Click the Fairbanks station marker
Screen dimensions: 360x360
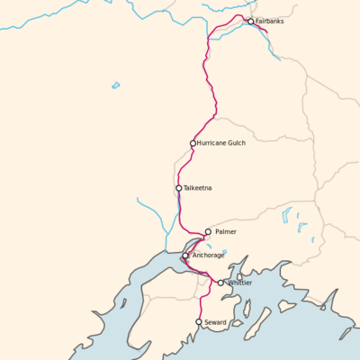(251, 22)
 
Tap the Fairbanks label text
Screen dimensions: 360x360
(270, 22)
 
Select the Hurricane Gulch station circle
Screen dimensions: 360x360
(193, 143)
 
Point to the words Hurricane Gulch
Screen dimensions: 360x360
(221, 143)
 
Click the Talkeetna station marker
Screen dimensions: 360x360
(178, 188)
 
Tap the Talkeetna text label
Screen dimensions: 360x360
(197, 188)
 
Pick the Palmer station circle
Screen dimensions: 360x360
(208, 231)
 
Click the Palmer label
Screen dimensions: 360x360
(226, 231)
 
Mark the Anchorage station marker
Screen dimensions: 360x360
(185, 256)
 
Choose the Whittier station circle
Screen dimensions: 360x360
(220, 283)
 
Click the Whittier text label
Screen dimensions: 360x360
(240, 283)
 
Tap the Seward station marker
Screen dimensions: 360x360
(199, 321)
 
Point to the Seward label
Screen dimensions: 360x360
(216, 321)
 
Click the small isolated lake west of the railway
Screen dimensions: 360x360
(115, 85)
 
